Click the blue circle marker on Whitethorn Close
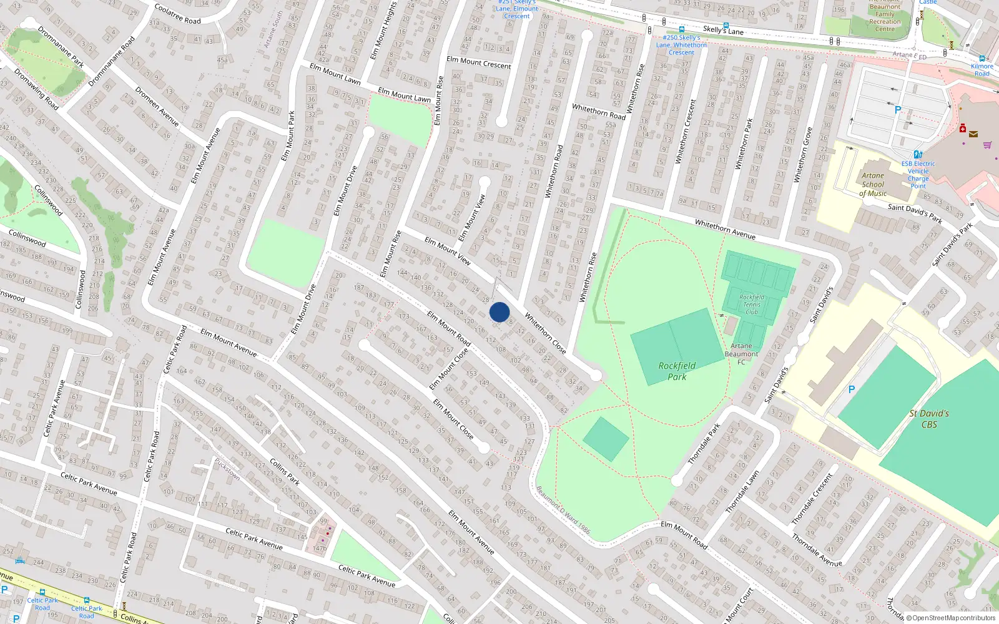499,312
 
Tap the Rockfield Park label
677,371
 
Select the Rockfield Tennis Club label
752,305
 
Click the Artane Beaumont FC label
741,354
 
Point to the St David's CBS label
929,419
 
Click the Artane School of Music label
873,185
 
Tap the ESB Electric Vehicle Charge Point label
918,175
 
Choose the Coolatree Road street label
178,14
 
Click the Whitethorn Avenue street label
725,230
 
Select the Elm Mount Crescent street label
478,62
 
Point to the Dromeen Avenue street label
157,107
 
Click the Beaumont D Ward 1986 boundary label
563,510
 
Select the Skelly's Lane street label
723,29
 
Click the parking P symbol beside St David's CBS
851,389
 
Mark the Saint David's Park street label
915,213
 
